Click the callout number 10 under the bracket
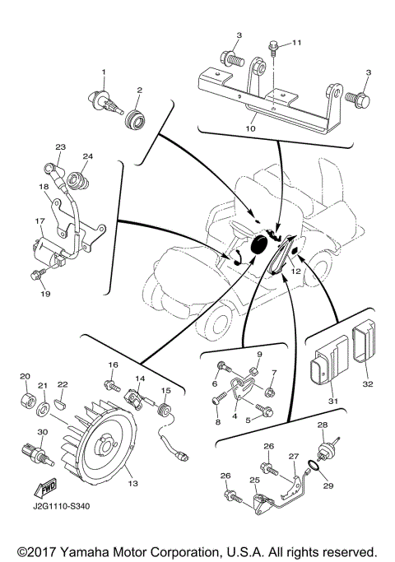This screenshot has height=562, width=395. click(251, 128)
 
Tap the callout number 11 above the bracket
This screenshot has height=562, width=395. click(297, 42)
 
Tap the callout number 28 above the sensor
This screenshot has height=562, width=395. click(323, 425)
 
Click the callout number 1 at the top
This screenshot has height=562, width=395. click(104, 72)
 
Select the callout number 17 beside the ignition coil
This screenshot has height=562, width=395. click(38, 221)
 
